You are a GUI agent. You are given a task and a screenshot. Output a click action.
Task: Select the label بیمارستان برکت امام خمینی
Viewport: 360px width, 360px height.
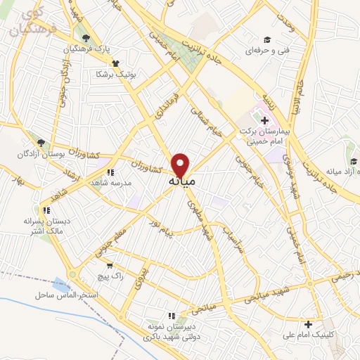[x=264, y=136]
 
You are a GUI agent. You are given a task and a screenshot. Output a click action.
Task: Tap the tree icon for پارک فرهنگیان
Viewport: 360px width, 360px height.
[x=86, y=38]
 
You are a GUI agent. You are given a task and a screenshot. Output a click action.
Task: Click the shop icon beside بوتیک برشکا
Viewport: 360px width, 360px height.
[x=98, y=72]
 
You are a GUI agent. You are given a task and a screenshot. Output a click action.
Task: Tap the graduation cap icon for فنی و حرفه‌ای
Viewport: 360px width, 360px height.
[x=266, y=40]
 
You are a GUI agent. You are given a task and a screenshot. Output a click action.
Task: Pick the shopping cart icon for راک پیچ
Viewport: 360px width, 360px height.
[x=110, y=266]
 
